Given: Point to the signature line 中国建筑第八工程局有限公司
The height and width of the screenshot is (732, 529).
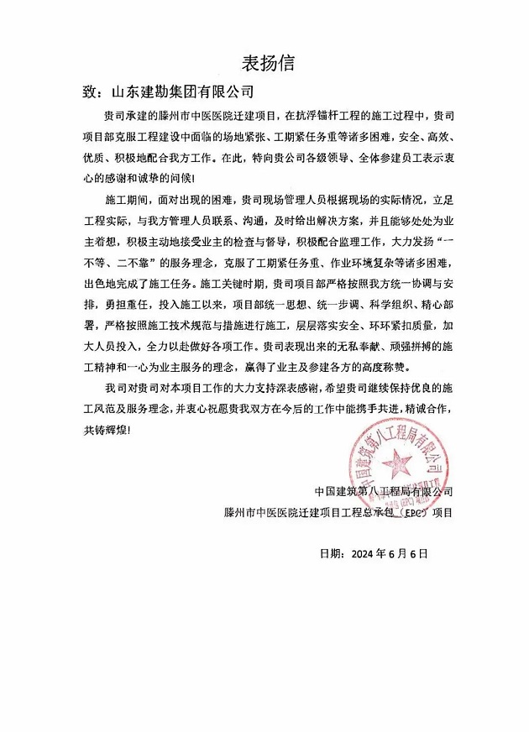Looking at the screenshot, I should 383,490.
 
